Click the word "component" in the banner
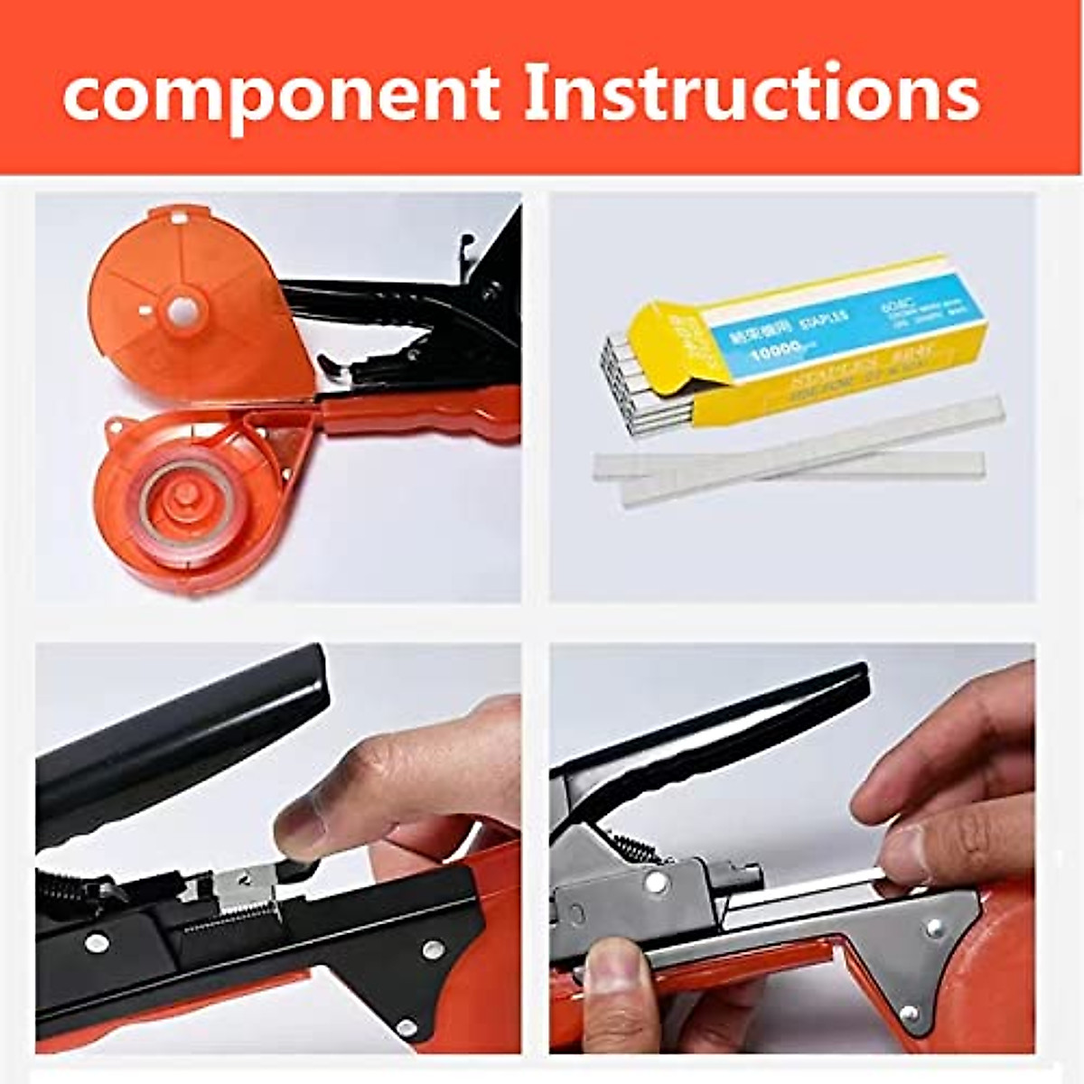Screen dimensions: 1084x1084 (x=280, y=95)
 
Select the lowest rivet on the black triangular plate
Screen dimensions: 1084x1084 (x=406, y=1027)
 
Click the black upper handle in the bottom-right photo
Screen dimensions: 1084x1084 (x=723, y=732)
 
